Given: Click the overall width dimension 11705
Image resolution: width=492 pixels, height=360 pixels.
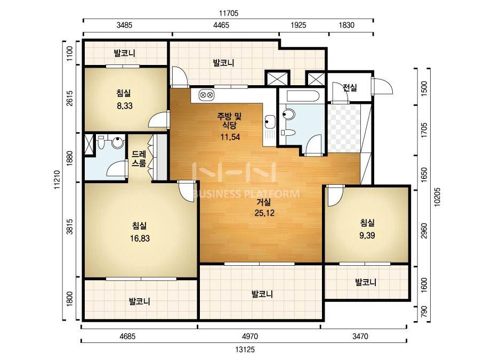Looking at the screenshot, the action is pyautogui.click(x=229, y=13).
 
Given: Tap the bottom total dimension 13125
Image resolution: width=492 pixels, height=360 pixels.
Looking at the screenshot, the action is pyautogui.click(x=245, y=349).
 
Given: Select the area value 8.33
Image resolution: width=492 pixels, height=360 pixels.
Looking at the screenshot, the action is pyautogui.click(x=125, y=105).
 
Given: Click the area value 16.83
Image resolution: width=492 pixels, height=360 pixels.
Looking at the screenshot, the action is pyautogui.click(x=140, y=239).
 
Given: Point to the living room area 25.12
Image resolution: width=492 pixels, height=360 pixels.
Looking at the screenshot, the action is pyautogui.click(x=264, y=213).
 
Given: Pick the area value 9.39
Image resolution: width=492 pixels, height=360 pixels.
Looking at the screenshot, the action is pyautogui.click(x=367, y=235).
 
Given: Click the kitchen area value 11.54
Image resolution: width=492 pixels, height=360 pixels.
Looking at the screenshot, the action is pyautogui.click(x=230, y=137).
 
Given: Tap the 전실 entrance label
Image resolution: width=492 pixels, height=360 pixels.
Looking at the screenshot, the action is pyautogui.click(x=350, y=87).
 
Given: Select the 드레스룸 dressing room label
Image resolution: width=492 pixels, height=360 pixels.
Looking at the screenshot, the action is pyautogui.click(x=139, y=159).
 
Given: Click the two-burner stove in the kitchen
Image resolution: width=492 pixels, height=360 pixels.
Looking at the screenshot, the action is pyautogui.click(x=206, y=94).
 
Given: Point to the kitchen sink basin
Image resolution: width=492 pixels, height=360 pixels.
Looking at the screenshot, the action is pyautogui.click(x=270, y=121).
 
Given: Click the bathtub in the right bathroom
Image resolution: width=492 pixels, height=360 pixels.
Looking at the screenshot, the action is pyautogui.click(x=303, y=96).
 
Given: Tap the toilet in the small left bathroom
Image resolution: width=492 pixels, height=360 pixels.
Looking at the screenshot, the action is pyautogui.click(x=101, y=143).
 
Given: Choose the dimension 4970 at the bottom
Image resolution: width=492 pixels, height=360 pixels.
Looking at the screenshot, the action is pyautogui.click(x=250, y=337).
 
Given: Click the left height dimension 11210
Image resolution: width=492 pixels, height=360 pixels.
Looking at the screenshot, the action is pyautogui.click(x=57, y=179).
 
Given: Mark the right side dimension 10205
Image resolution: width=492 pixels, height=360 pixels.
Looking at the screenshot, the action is pyautogui.click(x=437, y=197).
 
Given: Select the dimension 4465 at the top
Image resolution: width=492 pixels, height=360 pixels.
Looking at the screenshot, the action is pyautogui.click(x=221, y=25).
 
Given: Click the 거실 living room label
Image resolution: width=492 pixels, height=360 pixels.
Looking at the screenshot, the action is pyautogui.click(x=264, y=202).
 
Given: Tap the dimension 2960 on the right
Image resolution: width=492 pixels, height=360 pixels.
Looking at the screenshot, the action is pyautogui.click(x=424, y=231).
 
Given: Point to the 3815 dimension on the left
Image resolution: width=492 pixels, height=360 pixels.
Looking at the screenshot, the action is pyautogui.click(x=70, y=226).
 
